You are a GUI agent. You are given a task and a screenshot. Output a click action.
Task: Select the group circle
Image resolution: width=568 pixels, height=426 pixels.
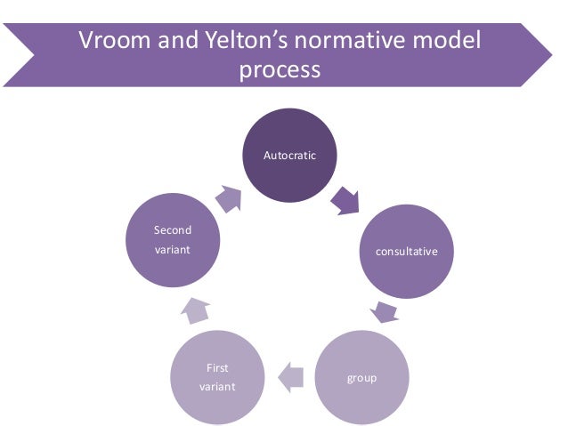pos(361,378)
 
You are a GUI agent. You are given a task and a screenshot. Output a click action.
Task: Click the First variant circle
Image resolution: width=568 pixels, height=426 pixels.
pos(218,378)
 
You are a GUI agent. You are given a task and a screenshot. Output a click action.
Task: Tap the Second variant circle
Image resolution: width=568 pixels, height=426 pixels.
pos(173,241)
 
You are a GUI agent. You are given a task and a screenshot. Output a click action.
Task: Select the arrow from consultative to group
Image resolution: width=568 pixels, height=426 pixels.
pos(384,311)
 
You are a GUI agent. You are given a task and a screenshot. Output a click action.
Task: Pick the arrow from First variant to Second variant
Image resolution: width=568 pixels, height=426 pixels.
pos(195,309)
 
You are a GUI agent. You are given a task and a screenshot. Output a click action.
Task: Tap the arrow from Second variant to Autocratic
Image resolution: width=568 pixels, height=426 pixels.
pos(228,198)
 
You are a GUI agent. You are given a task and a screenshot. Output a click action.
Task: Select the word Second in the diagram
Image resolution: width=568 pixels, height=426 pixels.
pos(173,230)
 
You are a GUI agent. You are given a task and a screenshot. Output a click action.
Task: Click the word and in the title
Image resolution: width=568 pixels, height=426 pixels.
pos(170,41)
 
